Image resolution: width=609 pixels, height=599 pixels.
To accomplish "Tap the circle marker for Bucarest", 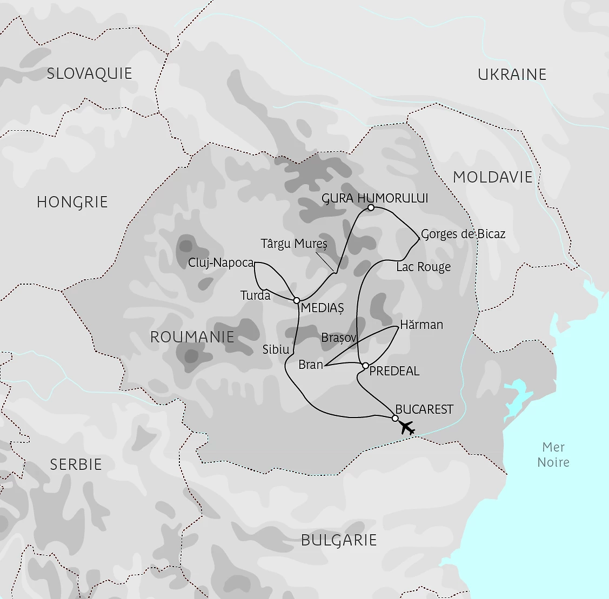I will [395, 418].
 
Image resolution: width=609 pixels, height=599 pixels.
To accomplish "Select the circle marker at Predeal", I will [365, 366].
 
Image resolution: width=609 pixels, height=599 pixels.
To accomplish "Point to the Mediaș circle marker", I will [297, 300].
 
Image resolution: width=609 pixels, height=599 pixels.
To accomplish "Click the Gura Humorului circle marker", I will [371, 207].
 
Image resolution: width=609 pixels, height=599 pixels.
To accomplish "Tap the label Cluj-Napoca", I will [220, 263].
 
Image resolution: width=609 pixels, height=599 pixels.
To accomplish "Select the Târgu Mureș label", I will [294, 244].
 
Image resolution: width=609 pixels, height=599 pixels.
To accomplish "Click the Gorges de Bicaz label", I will [463, 234].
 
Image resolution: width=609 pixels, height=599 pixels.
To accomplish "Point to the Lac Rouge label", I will [423, 267].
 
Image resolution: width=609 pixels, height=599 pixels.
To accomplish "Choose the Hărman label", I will [421, 325].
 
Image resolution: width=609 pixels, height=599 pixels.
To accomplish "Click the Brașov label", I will [339, 338].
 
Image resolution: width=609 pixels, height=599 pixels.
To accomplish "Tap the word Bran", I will [311, 365].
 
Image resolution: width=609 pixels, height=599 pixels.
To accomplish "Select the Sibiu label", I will [276, 349].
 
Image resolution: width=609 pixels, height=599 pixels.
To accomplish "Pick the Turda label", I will [255, 295].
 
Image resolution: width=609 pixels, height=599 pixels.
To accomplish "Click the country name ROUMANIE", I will [192, 337].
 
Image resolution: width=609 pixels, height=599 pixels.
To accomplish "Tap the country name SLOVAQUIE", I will [89, 73].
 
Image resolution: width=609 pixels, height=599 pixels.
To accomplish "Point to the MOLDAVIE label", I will [493, 177].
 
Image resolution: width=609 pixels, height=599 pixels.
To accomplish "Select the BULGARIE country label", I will [339, 540].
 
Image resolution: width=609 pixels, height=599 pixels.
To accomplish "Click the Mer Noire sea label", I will [553, 455].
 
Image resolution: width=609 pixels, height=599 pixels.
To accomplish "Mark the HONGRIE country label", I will [72, 202].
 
